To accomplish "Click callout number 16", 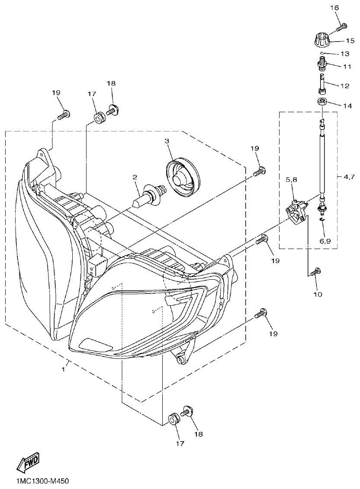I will [x=335, y=8].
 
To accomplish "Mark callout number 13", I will [x=345, y=54].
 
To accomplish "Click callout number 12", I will [x=345, y=86].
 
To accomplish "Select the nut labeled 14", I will [x=321, y=102].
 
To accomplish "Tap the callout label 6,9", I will [x=325, y=241].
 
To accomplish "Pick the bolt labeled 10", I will [x=315, y=271].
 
